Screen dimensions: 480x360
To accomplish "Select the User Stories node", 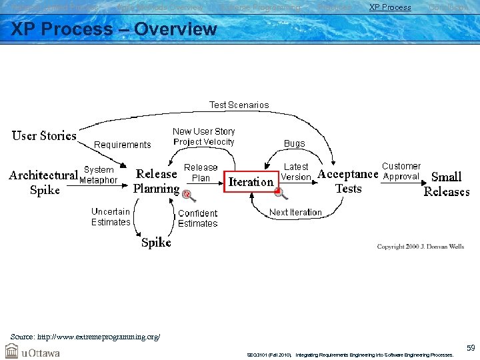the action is pos(44,136).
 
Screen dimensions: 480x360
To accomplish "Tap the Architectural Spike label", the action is pos(44,182).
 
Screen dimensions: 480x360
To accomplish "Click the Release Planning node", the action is pos(156,181).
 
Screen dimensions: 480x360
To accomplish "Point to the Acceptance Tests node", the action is pos(348,181).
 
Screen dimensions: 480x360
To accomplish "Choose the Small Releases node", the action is pos(447,184).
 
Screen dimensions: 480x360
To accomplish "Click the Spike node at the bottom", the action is pos(156,243).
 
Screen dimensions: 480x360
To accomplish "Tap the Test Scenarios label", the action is pos(239,105).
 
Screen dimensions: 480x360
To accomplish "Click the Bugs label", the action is pos(294,143).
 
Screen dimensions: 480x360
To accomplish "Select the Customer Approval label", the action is pos(401,171).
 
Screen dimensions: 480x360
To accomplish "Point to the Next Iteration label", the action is pos(295,212).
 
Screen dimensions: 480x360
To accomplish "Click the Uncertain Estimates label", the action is pos(111,217).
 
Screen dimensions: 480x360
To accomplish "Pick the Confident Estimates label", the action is pos(198,218).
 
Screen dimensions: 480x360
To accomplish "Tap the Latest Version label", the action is pos(296,172).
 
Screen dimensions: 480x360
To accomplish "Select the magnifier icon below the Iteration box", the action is pos(281,193).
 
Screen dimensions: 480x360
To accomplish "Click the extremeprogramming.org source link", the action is pos(85,337).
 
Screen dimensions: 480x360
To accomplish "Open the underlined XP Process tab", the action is pos(390,7).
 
